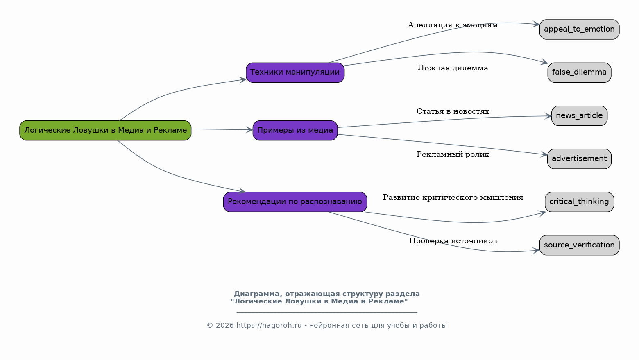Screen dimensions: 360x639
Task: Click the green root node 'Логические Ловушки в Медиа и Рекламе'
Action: [x=105, y=130]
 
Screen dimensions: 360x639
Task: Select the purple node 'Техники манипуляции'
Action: [x=295, y=72]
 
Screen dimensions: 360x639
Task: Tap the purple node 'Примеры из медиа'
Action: [x=295, y=130]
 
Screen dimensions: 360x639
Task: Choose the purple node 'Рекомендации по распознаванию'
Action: [x=295, y=202]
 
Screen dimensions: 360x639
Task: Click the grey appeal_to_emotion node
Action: [x=579, y=29]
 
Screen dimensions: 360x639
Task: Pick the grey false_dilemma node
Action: [x=579, y=72]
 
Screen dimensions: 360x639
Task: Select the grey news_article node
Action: [x=579, y=116]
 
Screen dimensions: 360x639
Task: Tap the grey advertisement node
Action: [x=579, y=159]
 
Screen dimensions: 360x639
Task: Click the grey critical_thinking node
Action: [x=579, y=202]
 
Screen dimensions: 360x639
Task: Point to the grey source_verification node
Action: [x=579, y=245]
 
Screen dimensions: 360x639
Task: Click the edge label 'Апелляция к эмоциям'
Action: [x=453, y=25]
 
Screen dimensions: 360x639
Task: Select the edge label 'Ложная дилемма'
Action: [x=453, y=68]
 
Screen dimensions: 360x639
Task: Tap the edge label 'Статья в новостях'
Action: [x=453, y=111]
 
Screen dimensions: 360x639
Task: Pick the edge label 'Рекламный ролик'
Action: [x=453, y=155]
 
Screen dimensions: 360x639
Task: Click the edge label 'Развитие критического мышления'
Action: [x=453, y=198]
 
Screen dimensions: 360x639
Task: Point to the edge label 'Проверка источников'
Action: [x=453, y=241]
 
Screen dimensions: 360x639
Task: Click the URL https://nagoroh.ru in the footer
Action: [x=269, y=326]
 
